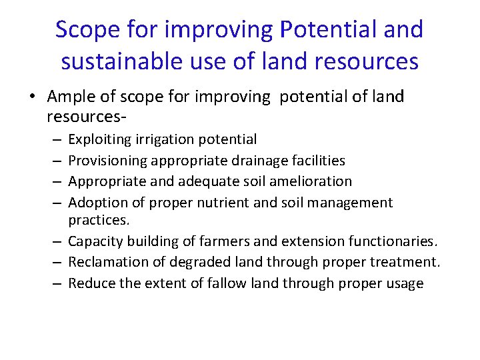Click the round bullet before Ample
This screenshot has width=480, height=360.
pyautogui.click(x=34, y=97)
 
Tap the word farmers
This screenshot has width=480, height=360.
pyautogui.click(x=219, y=241)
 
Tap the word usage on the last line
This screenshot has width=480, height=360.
pyautogui.click(x=405, y=283)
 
